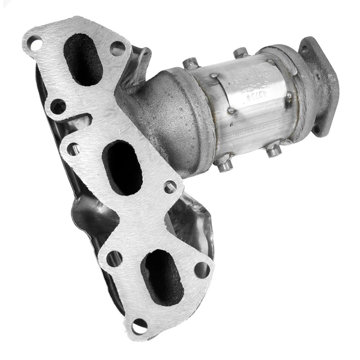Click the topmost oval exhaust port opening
[x=83, y=59]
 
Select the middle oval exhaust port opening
[x=122, y=167]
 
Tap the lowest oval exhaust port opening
[x=163, y=277]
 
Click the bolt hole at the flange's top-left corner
[x=34, y=43]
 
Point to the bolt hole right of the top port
[x=118, y=48]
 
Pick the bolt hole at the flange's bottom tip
[x=139, y=326]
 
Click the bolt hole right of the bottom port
[x=202, y=269]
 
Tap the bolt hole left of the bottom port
[x=114, y=259]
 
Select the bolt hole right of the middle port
[x=170, y=187]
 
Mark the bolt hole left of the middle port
[x=74, y=148]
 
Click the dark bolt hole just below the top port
[x=58, y=107]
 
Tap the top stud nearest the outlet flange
[x=241, y=53]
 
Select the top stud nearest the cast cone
[x=191, y=63]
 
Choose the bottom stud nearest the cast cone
[x=225, y=163]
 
